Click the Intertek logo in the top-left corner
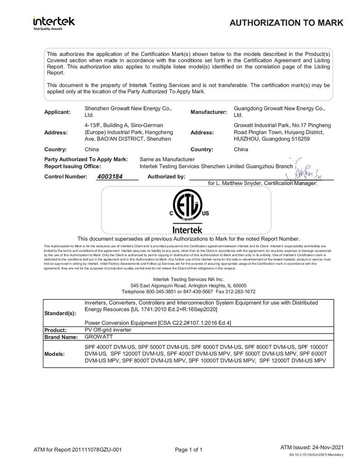pos(54,22)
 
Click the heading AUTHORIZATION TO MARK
pos(287,23)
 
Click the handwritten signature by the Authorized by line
pos(306,171)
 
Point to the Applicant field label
pos(57,112)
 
